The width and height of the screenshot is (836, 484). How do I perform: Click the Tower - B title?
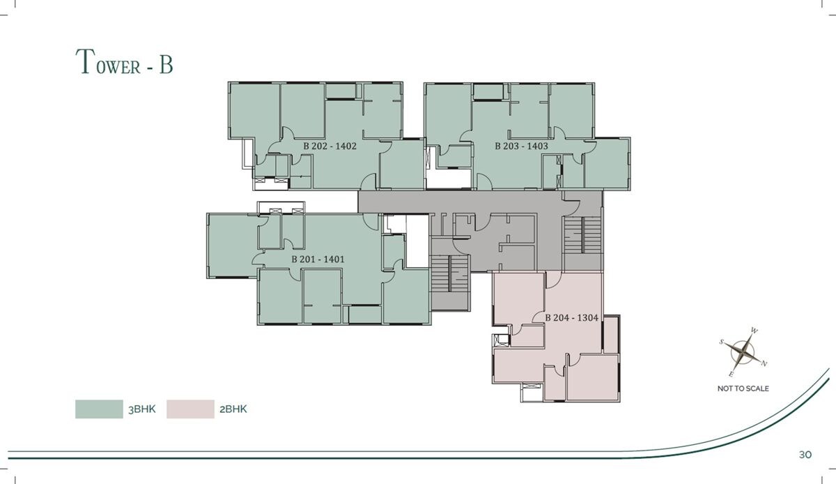click(124, 61)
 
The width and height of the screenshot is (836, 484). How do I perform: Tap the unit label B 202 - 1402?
click(330, 146)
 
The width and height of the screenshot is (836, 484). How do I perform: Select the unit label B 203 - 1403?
click(521, 146)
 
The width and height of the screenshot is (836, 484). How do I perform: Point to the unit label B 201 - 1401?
click(318, 259)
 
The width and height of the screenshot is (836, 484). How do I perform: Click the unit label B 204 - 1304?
click(572, 318)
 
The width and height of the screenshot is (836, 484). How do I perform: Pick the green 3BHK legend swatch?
click(99, 409)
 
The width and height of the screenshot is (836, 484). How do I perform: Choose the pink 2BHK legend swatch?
click(190, 409)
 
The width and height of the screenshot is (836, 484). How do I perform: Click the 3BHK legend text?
click(142, 409)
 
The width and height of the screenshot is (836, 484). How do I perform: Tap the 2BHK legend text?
click(233, 409)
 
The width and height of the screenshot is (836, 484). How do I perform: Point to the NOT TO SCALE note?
click(743, 388)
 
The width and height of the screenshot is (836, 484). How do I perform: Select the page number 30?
click(805, 455)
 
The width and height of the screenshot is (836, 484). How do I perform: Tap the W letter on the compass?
click(754, 331)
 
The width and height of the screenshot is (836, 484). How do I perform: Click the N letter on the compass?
click(764, 363)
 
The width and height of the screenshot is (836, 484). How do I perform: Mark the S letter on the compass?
click(722, 342)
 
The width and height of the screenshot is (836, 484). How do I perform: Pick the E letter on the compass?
click(731, 375)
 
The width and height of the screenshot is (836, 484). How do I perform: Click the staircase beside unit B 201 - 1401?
click(450, 273)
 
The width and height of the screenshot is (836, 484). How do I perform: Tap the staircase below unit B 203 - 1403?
click(582, 235)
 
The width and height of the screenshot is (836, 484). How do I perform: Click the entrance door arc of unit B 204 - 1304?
click(554, 280)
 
